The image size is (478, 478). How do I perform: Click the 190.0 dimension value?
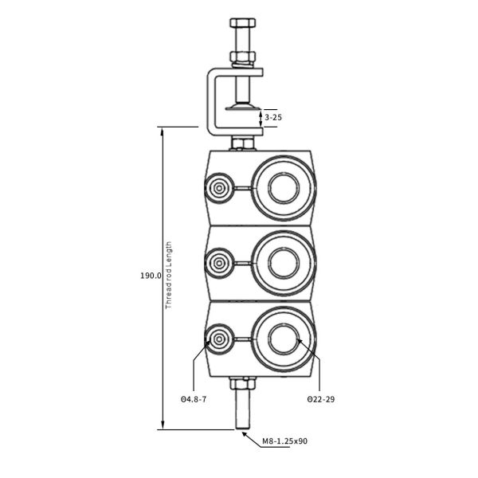coord(151,276)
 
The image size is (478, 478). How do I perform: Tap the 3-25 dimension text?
coord(272,117)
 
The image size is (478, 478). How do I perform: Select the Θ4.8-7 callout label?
coord(194,398)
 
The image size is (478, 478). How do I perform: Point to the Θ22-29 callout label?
coord(320,398)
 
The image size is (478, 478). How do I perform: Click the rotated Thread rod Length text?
coord(168,275)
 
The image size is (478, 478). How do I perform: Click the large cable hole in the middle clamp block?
coord(284,261)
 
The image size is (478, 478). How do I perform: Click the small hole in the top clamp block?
coord(217,189)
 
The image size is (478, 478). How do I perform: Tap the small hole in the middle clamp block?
coord(217,261)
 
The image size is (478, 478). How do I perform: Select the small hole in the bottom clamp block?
coord(217,337)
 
